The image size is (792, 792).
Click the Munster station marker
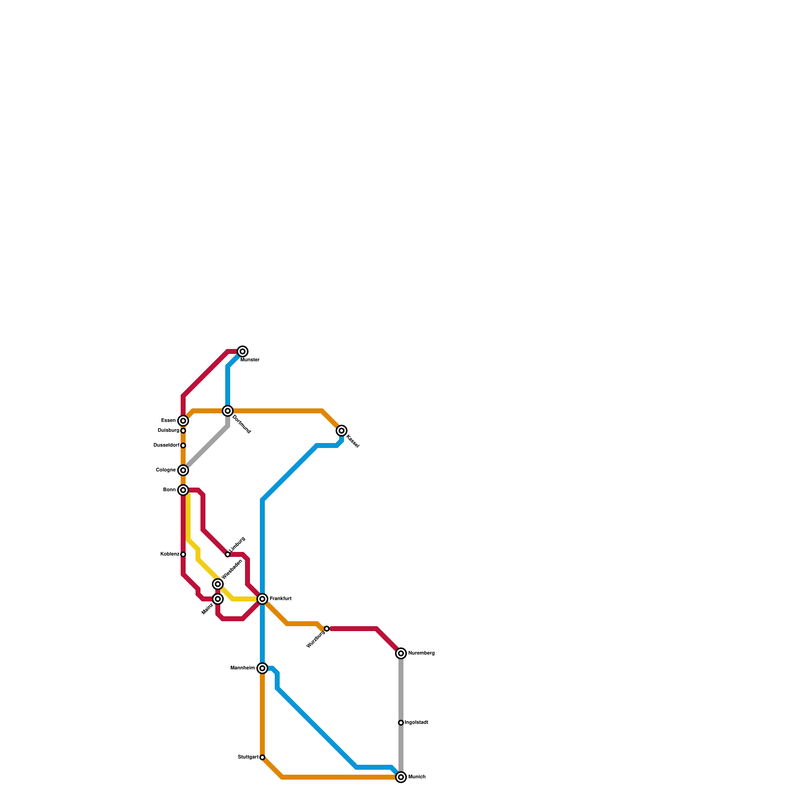pos(243,351)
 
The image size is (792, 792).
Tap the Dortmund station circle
pos(228,411)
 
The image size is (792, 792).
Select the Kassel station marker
pos(342,431)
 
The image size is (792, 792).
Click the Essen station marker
pos(183,421)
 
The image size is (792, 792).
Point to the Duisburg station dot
pos(183,431)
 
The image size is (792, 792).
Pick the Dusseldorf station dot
pos(183,445)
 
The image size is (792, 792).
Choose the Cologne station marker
pos(183,470)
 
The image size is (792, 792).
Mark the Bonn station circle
pos(183,490)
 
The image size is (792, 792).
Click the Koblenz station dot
pos(183,554)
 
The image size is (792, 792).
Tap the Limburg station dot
pos(228,554)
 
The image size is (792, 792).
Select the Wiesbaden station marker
pos(218,584)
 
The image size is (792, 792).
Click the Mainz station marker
pos(218,599)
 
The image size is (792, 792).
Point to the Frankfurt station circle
pos(262,599)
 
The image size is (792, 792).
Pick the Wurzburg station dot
pos(327,629)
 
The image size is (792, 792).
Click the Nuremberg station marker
pos(401,653)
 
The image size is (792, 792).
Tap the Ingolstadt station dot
pos(401,723)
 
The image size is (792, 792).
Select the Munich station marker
pos(401,777)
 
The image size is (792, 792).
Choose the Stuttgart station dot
pos(262,757)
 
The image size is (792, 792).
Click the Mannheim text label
pos(243,668)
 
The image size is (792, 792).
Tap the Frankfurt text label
pos(280,599)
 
